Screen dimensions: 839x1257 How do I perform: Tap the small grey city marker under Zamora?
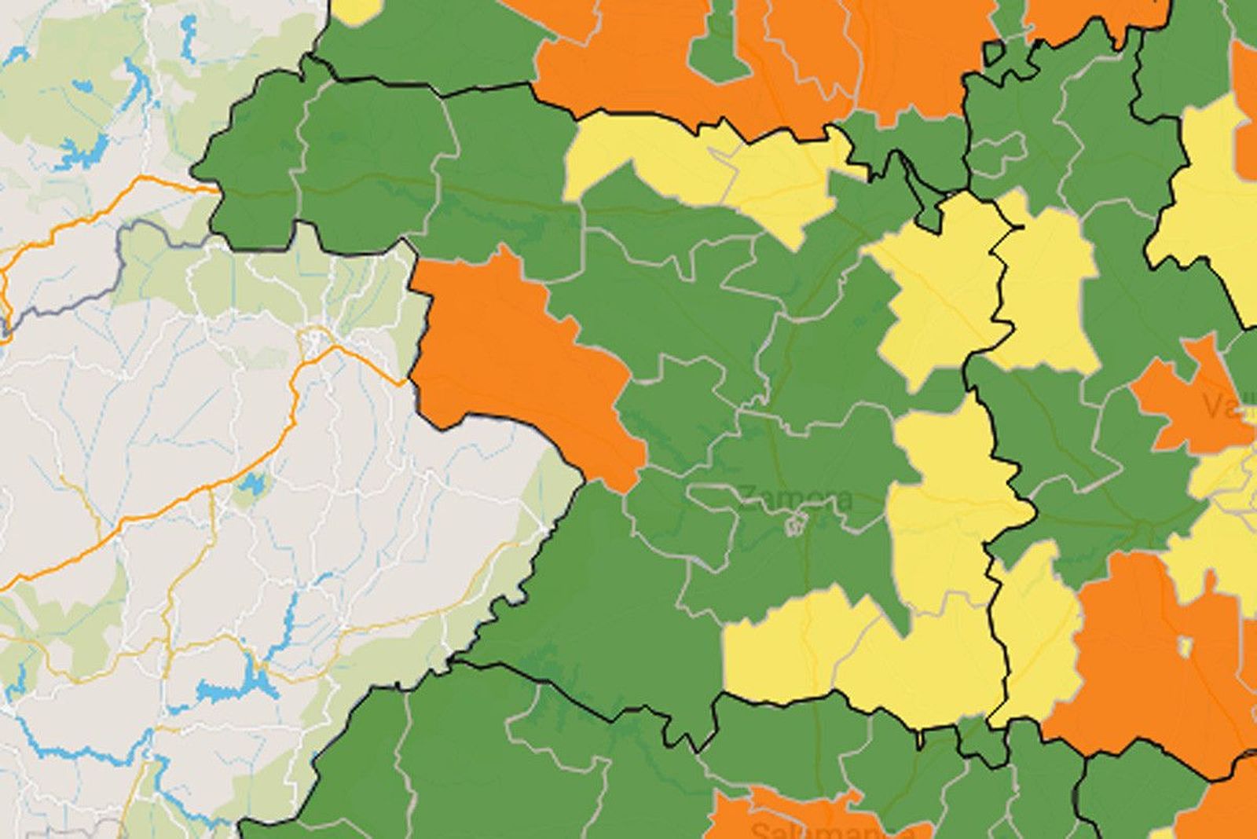(x=795, y=522)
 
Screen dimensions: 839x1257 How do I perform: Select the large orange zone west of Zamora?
(x=519, y=354)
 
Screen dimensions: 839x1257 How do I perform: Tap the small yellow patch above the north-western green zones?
(x=358, y=9)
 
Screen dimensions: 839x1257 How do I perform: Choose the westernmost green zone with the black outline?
(x=251, y=165)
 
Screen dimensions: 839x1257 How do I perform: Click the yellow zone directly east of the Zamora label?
(x=943, y=503)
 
